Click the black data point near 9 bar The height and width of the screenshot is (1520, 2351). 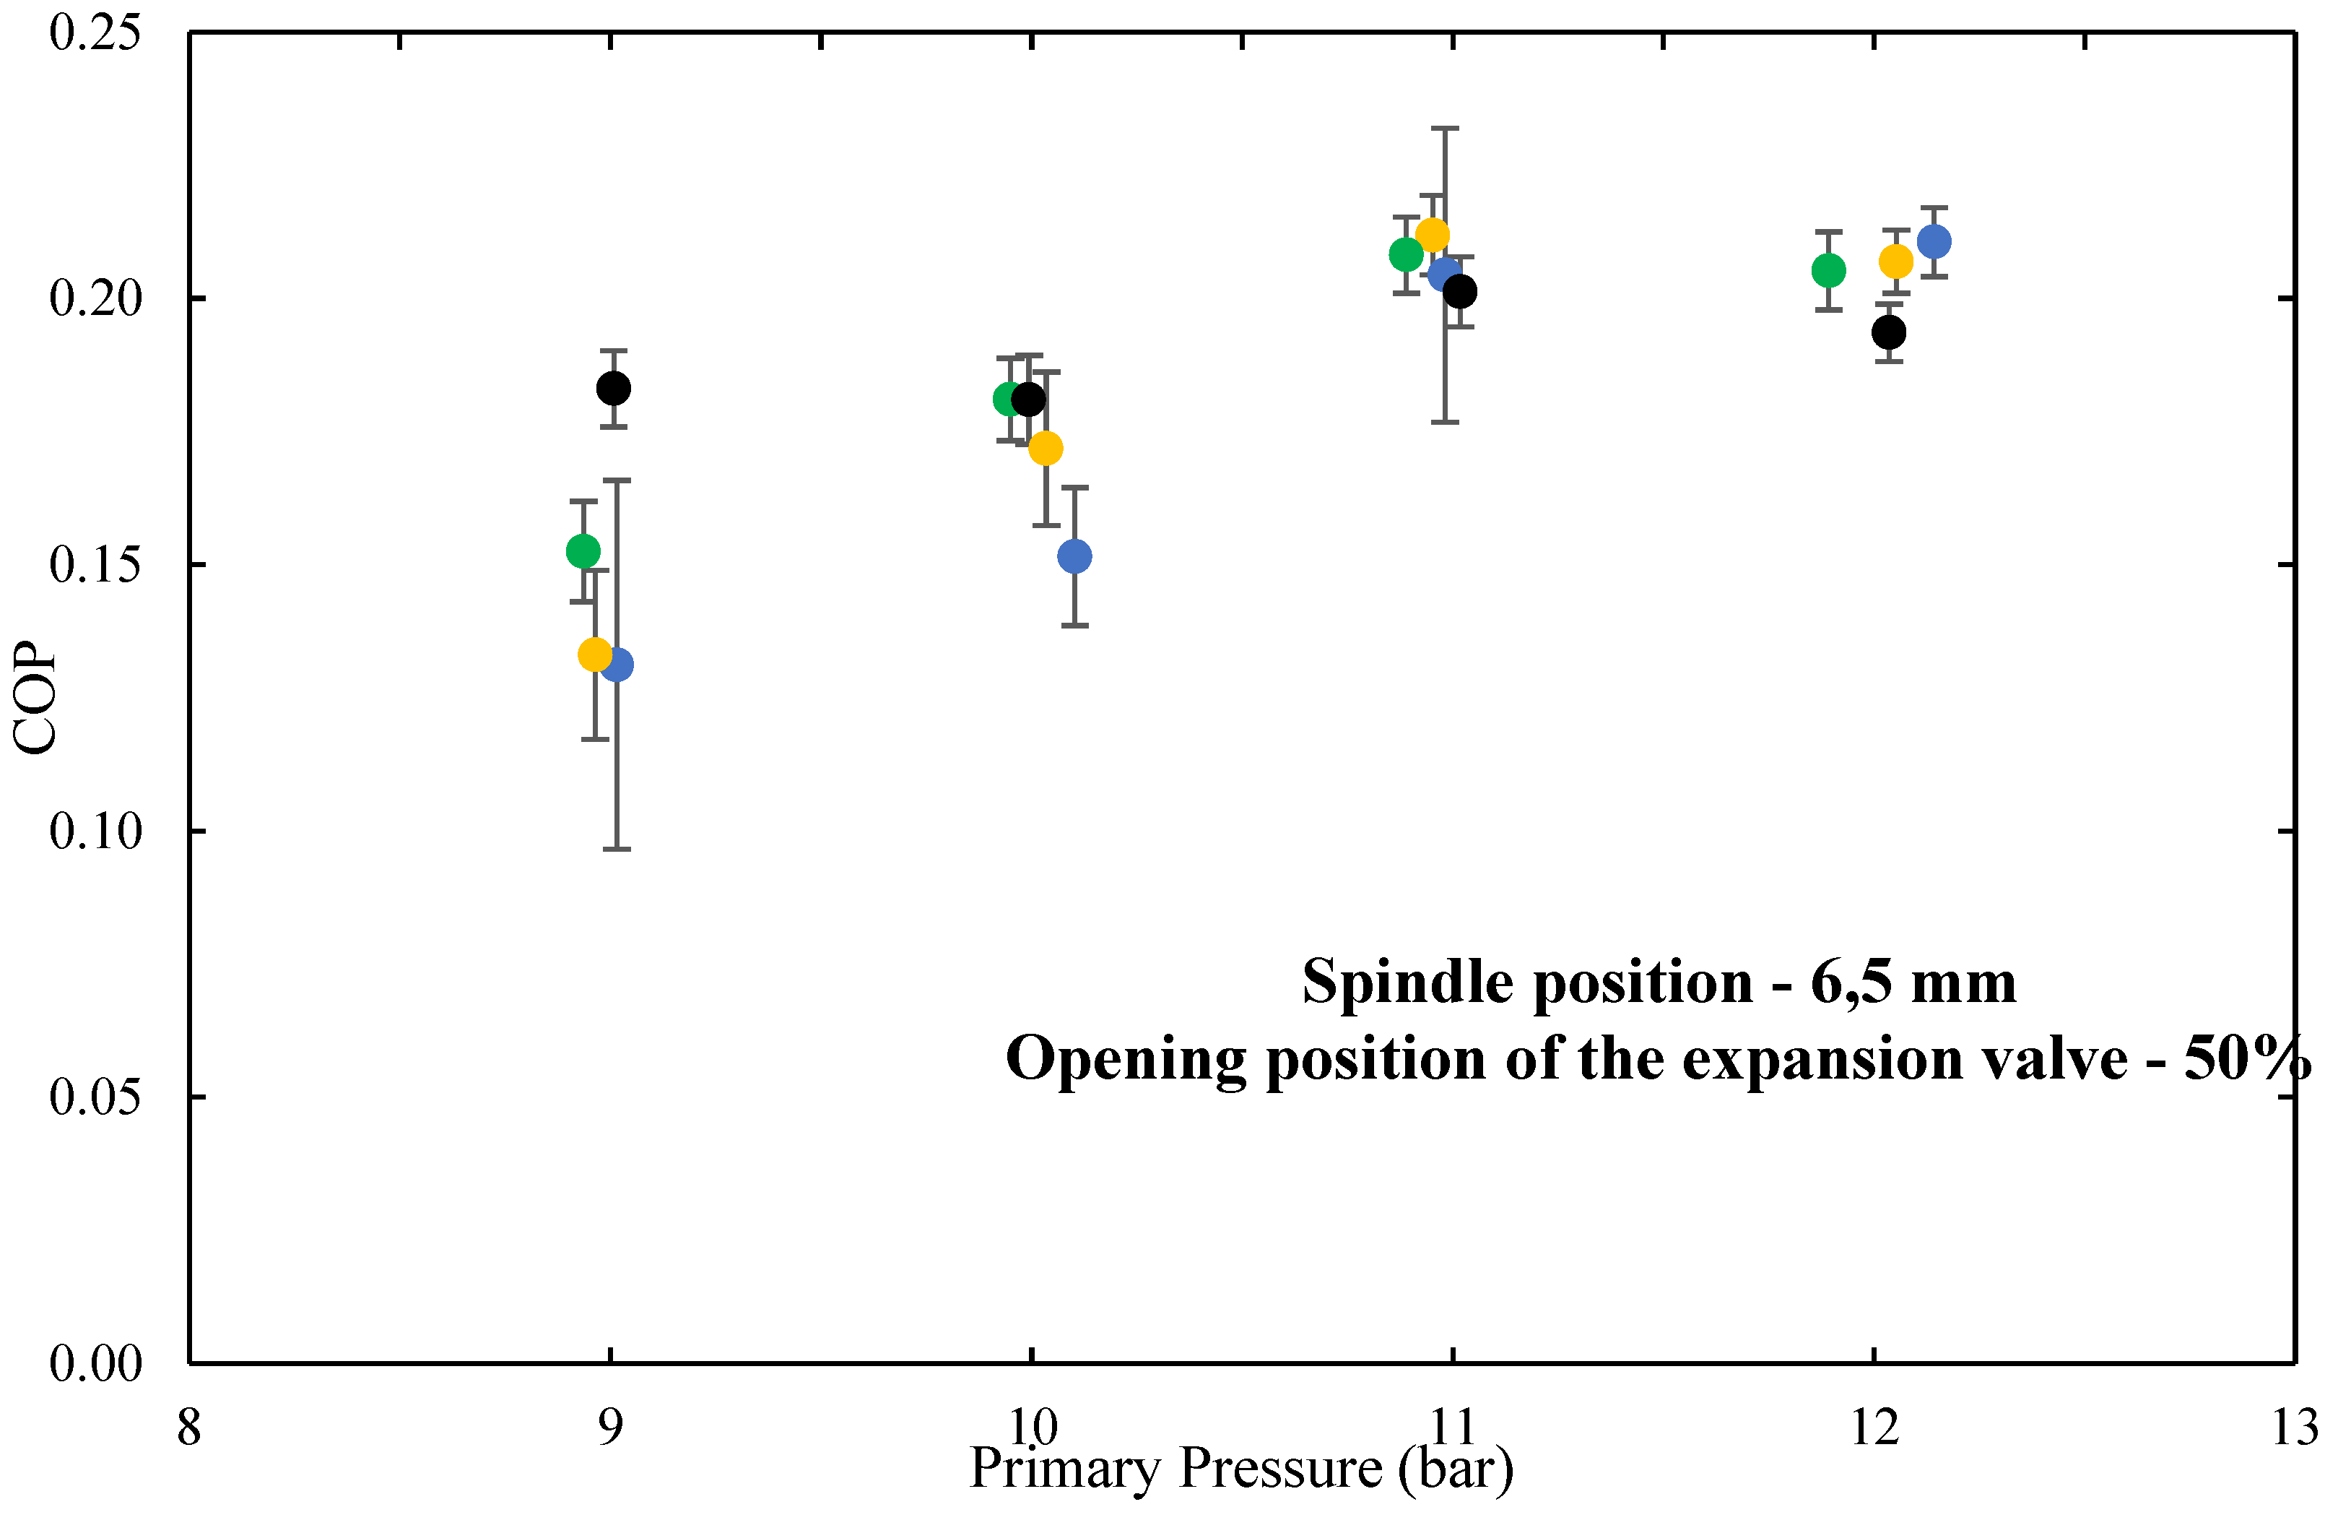click(613, 388)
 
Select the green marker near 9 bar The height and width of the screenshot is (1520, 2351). click(583, 550)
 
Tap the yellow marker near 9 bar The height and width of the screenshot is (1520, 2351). click(594, 655)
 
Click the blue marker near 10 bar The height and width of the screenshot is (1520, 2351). click(1074, 557)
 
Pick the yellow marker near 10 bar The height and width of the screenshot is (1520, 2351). click(1045, 448)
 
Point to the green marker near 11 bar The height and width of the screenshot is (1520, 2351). click(1405, 254)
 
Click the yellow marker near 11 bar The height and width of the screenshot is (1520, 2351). click(1432, 235)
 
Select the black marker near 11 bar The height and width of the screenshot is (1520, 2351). click(1459, 291)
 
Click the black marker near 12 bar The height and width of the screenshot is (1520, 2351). click(1887, 332)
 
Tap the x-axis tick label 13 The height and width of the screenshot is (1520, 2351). click(2294, 1428)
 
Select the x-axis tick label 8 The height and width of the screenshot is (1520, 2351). click(188, 1428)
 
